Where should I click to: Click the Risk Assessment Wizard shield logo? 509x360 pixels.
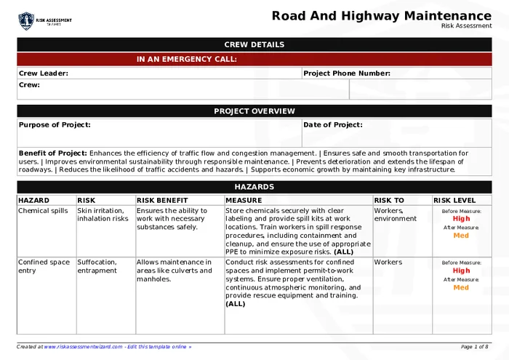[26, 20]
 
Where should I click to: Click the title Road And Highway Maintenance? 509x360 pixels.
[381, 16]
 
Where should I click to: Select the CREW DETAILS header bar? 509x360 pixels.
[254, 44]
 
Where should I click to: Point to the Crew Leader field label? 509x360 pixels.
[44, 73]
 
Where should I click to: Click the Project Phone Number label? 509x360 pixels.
[347, 73]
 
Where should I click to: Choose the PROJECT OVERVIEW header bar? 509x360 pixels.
[254, 111]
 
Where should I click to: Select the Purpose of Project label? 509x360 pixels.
[55, 125]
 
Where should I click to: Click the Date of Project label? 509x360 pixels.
[332, 125]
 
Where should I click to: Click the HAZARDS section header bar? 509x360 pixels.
[254, 187]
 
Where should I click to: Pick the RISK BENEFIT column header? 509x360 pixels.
[162, 200]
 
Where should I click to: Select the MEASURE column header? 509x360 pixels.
[244, 200]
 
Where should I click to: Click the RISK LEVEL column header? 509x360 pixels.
[454, 200]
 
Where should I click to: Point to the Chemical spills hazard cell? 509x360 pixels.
[43, 211]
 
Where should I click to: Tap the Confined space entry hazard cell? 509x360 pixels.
[44, 266]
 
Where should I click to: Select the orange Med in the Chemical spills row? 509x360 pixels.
[461, 236]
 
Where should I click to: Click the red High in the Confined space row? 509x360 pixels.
[461, 271]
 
